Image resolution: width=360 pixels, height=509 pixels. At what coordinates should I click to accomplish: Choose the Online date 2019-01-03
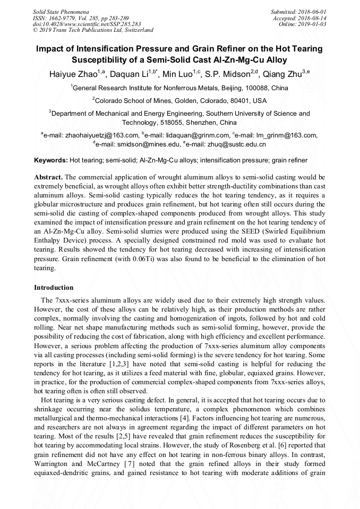[314, 24]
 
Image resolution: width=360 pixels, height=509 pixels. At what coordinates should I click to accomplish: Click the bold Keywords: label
[51, 160]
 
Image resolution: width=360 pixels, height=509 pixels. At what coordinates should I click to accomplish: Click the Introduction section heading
[54, 287]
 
